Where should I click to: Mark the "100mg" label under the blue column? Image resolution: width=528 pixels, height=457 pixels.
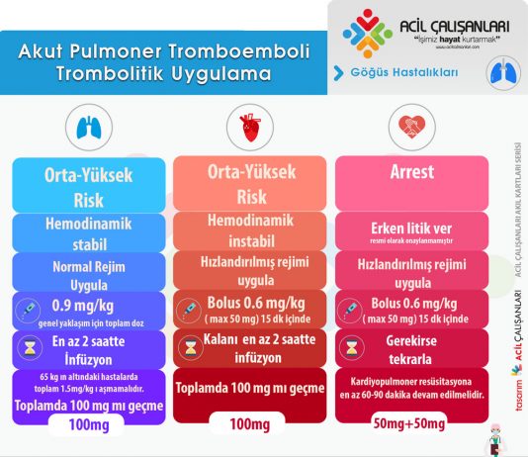click(88, 424)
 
